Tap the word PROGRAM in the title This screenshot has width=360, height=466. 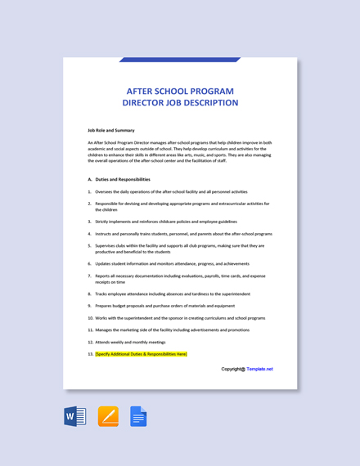coord(208,90)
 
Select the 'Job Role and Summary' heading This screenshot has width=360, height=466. coord(111,130)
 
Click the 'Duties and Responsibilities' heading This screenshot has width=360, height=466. coord(123,179)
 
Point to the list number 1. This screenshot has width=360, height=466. coord(89,191)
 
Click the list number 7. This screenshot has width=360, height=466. coord(89,276)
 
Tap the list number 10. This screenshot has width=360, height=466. coord(90,317)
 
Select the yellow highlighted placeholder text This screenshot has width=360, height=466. coord(141,354)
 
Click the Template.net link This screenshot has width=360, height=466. coord(259,369)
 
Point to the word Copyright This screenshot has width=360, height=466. coord(232,369)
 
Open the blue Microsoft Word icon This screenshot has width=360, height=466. coord(75,417)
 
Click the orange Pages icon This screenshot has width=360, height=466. coord(108,417)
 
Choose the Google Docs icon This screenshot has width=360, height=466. coord(138,417)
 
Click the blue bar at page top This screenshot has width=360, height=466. coord(179,60)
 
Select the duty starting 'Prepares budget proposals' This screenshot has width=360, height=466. coord(160,306)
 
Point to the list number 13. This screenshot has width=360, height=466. coord(90,354)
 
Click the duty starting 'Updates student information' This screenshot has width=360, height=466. coord(172,263)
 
